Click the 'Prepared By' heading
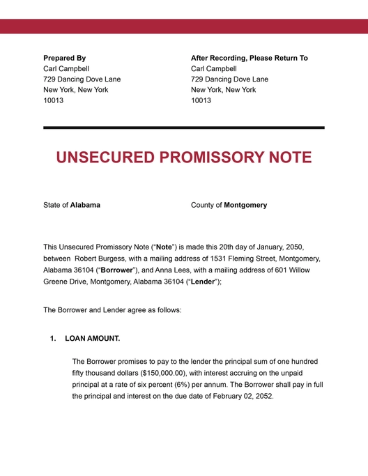tap(65, 58)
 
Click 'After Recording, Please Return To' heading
tap(249, 58)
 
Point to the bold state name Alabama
tap(85, 205)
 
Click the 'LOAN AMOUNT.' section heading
tap(93, 339)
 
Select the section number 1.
tap(53, 339)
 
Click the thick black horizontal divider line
tap(184, 128)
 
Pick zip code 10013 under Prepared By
tap(54, 100)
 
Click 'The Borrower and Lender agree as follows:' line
tap(112, 309)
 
